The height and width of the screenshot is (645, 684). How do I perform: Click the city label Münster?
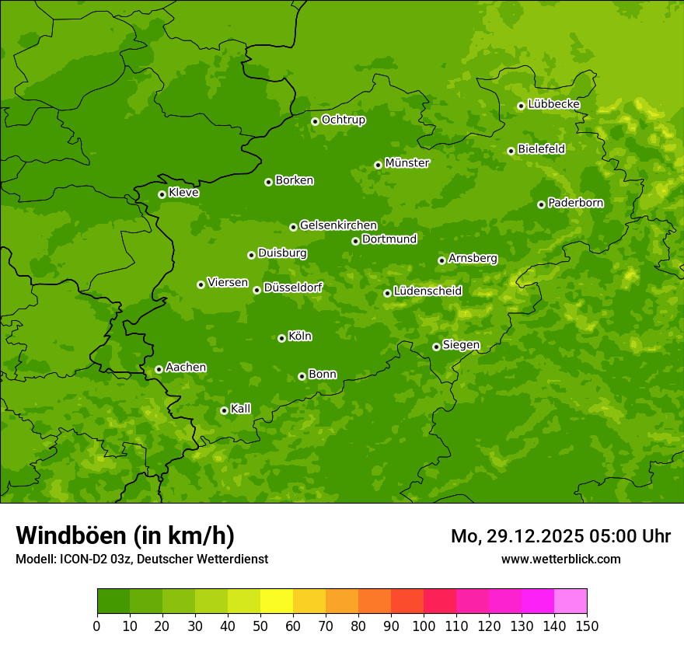click(x=407, y=163)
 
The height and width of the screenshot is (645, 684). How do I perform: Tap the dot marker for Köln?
click(x=281, y=338)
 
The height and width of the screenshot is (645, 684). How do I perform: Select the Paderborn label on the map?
click(x=575, y=203)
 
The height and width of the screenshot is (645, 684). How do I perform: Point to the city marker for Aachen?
click(x=159, y=369)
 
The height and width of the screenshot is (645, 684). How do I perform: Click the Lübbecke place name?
click(x=553, y=104)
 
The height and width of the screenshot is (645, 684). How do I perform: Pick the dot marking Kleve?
click(x=162, y=194)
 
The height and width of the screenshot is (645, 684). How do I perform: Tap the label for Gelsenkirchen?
click(x=338, y=225)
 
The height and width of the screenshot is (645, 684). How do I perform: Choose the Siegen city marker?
click(x=436, y=347)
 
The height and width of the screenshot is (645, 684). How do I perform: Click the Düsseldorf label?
click(x=293, y=288)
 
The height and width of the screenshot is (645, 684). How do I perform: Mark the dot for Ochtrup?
click(x=315, y=121)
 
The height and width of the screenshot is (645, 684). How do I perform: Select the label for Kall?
click(x=241, y=409)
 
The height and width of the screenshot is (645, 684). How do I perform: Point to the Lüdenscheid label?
click(x=427, y=291)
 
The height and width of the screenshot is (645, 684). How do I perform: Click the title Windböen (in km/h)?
click(x=125, y=535)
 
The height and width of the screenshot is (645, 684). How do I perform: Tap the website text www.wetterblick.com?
click(x=560, y=559)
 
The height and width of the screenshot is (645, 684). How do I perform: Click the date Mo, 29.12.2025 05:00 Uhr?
click(x=560, y=536)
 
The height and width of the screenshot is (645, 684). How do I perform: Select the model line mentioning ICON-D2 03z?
click(x=141, y=559)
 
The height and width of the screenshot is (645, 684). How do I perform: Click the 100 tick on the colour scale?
click(x=424, y=626)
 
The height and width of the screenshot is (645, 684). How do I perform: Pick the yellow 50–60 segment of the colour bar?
click(x=277, y=601)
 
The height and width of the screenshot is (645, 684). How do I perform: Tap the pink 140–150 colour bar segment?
click(x=571, y=601)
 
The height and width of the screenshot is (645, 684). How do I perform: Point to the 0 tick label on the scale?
click(x=97, y=626)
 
